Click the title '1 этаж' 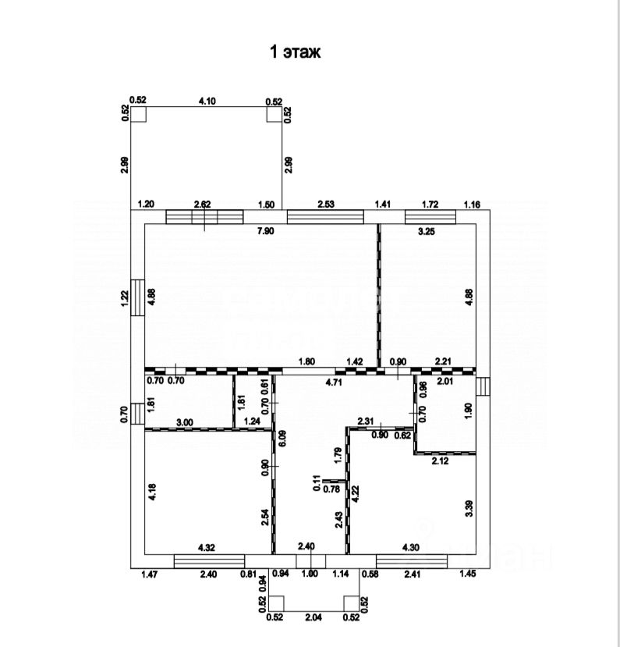point(295,52)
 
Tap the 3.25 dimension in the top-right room point(426,232)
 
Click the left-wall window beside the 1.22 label point(137,297)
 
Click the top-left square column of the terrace point(139,114)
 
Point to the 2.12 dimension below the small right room point(441,460)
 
